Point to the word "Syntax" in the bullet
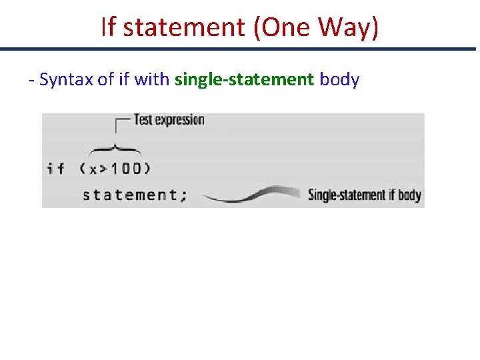63,80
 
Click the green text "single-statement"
243,80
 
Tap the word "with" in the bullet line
152,80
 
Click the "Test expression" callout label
169,120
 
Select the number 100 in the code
125,168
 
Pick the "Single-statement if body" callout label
364,195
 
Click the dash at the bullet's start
31,81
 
